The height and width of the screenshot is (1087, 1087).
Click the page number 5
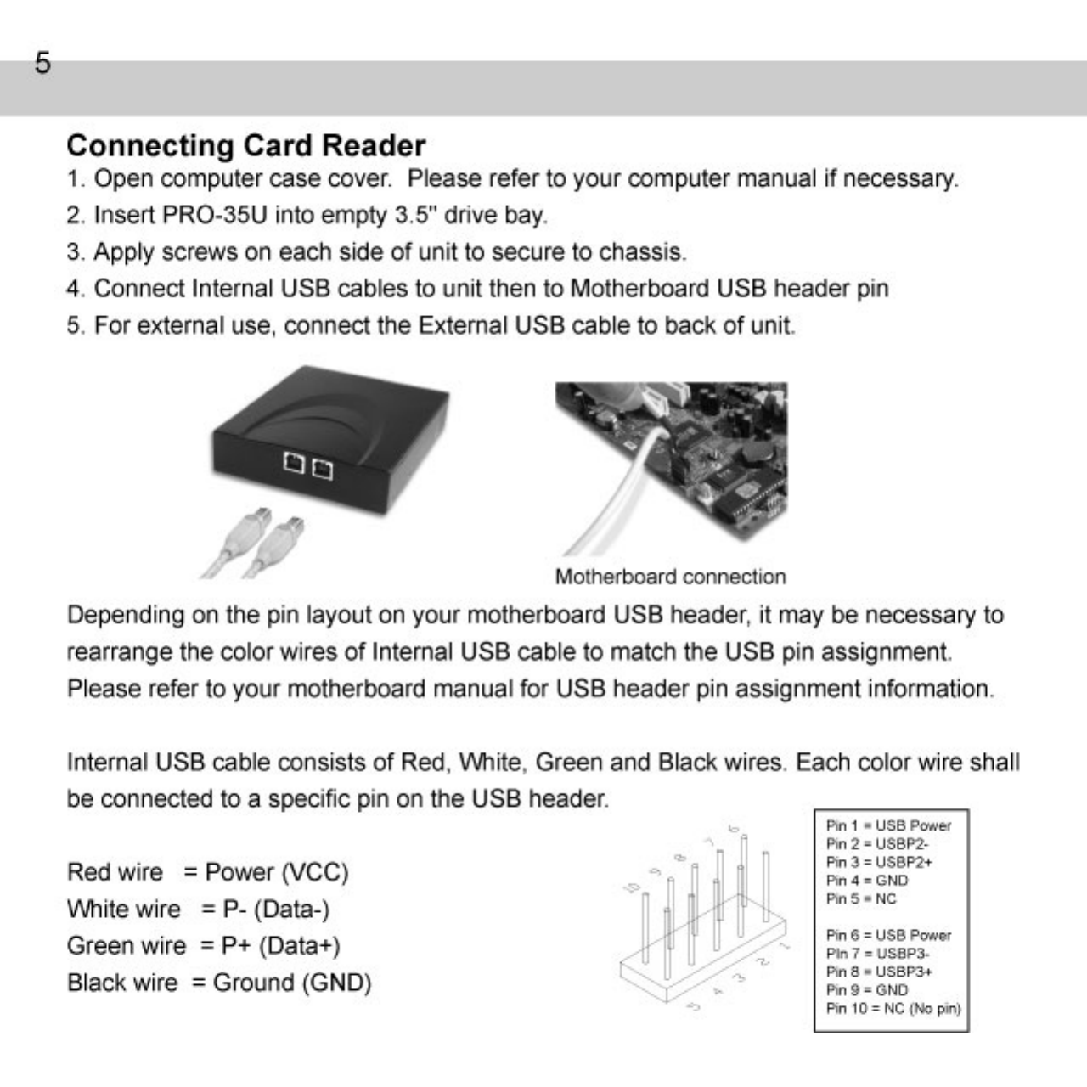point(42,64)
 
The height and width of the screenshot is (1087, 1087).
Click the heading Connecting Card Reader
point(245,146)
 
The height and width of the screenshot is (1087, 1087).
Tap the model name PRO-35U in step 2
point(214,216)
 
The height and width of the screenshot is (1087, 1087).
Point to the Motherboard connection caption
point(670,577)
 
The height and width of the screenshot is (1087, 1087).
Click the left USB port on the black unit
point(294,463)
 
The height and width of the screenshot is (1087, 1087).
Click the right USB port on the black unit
point(323,468)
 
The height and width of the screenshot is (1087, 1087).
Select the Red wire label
point(115,872)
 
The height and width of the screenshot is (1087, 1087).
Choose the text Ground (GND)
point(292,983)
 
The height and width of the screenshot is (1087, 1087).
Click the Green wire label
point(126,946)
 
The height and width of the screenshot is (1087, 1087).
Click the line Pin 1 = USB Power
point(888,825)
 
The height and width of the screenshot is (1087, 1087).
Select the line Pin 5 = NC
point(860,898)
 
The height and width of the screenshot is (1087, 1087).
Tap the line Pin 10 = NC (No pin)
point(893,1009)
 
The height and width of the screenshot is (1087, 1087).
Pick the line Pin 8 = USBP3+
point(879,972)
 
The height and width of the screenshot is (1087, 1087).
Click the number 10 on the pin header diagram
point(632,887)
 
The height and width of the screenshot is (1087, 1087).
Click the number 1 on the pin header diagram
point(786,944)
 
